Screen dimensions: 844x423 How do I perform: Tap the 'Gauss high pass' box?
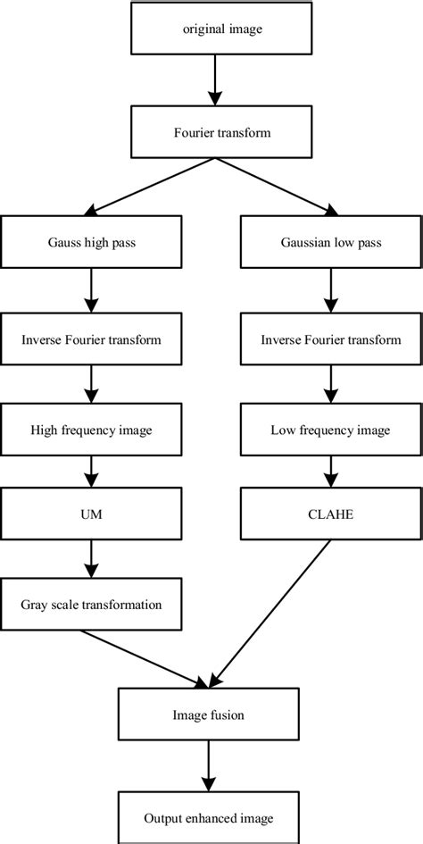click(91, 242)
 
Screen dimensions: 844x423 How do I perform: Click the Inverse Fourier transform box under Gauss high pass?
click(91, 339)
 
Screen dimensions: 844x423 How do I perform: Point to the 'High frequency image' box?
click(91, 430)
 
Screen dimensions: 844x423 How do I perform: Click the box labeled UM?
click(91, 515)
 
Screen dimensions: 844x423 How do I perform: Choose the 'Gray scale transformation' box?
click(91, 605)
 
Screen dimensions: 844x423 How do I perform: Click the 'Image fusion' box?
click(208, 714)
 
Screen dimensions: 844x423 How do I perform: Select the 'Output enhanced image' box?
click(208, 817)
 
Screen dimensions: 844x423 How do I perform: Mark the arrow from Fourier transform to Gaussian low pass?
click(273, 188)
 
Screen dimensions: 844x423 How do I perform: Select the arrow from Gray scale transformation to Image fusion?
click(143, 659)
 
